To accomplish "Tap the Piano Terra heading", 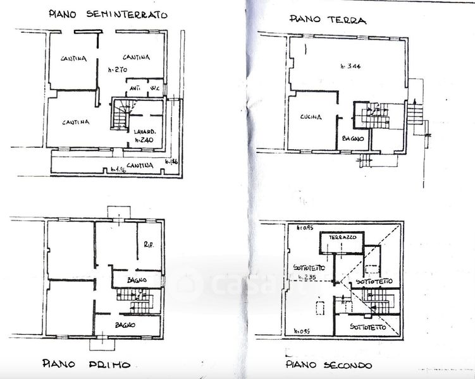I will click(328, 20).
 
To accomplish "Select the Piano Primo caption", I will click(87, 364).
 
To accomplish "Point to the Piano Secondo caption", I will click(328, 364).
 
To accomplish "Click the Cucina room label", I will click(311, 117).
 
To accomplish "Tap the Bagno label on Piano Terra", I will click(352, 137).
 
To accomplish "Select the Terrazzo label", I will click(342, 237).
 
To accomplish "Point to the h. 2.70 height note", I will click(118, 71).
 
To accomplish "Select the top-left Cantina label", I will click(73, 59).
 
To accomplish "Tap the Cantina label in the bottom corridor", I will click(140, 166).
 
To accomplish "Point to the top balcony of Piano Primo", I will click(118, 213).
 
